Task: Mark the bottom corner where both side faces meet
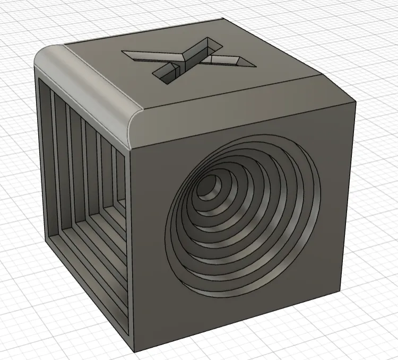[x=133, y=350]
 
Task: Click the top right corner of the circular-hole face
[x=354, y=106]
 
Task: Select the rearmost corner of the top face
[x=219, y=20]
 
